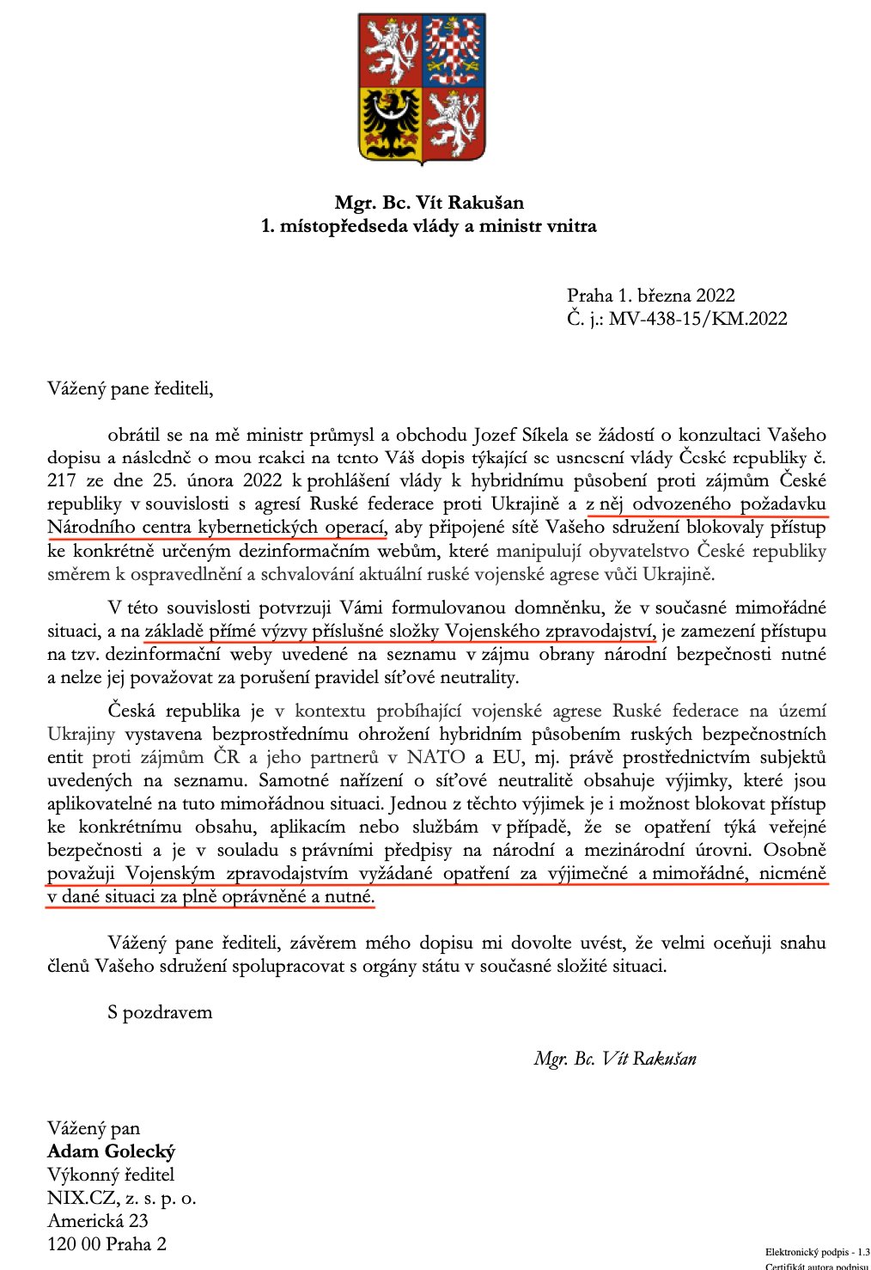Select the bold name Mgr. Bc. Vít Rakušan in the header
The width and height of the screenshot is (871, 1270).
429,203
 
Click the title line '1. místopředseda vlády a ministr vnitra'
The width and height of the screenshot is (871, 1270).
429,226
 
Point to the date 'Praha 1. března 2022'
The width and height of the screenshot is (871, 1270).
651,296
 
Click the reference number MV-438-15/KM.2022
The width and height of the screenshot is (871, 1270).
697,319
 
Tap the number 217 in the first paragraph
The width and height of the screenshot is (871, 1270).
62,480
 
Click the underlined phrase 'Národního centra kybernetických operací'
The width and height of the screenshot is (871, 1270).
216,527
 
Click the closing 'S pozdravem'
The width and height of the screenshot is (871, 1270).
160,1012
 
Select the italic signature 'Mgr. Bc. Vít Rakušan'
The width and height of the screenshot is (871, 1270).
615,1059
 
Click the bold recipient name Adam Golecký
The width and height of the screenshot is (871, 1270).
112,1151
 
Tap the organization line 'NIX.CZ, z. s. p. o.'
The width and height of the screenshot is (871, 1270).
122,1198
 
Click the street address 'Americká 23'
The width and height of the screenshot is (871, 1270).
98,1221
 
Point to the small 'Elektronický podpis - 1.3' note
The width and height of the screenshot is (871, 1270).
817,1252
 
